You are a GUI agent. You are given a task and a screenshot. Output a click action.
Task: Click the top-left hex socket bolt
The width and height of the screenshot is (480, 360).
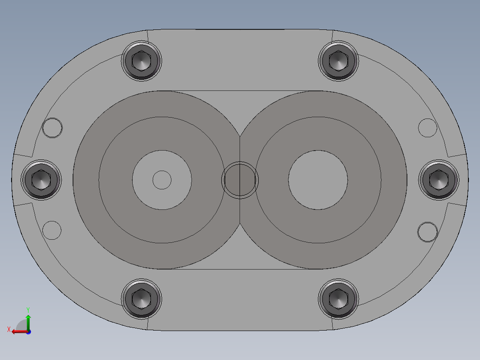click(142, 61)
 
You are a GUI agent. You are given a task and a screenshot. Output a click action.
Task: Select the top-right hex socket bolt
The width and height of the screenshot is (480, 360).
click(338, 61)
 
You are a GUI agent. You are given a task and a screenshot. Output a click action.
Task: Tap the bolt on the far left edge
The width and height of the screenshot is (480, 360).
click(41, 179)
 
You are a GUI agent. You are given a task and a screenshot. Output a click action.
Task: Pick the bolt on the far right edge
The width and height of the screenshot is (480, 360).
click(439, 179)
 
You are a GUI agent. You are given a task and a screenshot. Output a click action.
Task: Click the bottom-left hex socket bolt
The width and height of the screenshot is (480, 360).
click(142, 298)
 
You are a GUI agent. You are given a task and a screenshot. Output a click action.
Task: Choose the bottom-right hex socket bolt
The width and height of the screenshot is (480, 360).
click(338, 298)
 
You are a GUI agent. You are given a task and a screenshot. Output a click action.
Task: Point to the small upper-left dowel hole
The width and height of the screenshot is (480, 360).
click(53, 128)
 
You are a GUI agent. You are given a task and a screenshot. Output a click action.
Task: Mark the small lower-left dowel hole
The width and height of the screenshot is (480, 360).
click(52, 230)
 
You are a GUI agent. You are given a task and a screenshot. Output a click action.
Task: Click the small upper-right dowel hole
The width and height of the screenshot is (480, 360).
click(428, 128)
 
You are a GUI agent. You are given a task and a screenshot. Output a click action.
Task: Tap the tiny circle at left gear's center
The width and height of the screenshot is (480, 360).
click(162, 180)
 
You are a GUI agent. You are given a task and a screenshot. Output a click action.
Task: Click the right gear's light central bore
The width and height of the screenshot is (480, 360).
click(318, 180)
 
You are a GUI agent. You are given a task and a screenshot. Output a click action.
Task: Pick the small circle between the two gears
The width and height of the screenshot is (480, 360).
click(240, 180)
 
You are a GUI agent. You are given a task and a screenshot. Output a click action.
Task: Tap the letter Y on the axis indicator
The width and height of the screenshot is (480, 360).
click(28, 309)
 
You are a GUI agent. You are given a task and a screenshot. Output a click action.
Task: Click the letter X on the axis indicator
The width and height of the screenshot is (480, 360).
click(8, 329)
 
